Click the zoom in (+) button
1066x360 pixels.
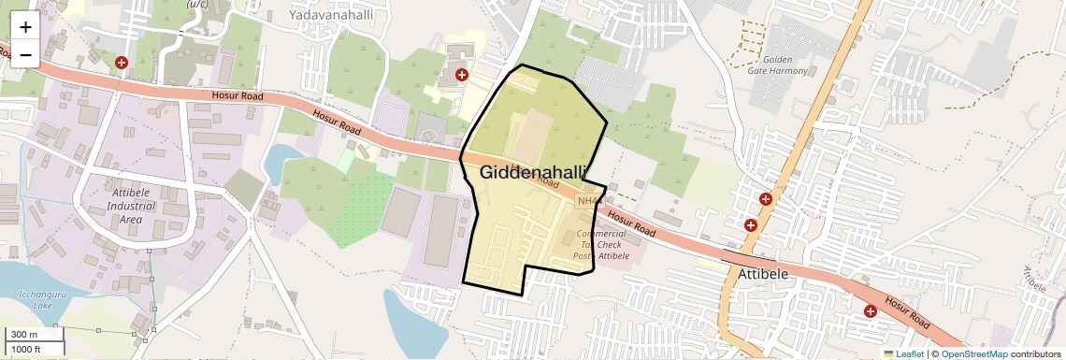(25, 27)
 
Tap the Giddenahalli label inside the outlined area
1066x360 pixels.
(533, 172)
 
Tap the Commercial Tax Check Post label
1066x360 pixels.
(601, 245)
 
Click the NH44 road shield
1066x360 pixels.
(589, 200)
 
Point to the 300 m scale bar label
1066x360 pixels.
(25, 334)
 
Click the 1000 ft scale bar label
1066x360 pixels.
(27, 349)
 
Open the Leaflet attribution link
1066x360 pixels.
(903, 353)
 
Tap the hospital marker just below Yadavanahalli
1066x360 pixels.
(461, 74)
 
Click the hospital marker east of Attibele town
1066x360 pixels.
(870, 311)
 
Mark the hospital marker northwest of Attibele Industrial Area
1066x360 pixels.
(121, 63)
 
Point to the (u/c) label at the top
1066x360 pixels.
(197, 4)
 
